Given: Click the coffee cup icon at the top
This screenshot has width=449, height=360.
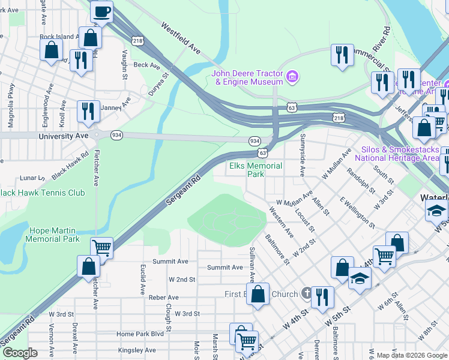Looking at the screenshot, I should [102, 11].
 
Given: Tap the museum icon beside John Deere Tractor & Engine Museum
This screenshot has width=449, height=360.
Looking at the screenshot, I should [292, 76].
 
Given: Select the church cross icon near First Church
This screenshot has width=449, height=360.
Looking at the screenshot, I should [306, 293].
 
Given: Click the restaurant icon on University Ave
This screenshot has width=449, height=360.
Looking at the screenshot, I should [88, 111].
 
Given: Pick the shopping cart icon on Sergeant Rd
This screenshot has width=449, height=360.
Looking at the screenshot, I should [101, 247].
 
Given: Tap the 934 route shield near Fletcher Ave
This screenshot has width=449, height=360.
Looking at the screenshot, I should [116, 136].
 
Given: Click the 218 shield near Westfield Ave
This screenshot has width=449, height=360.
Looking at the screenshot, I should [137, 40].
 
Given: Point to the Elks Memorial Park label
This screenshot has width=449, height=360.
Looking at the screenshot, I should [256, 170].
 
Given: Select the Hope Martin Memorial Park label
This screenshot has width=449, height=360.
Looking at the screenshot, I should [52, 235].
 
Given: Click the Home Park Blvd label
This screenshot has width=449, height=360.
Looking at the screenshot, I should [140, 334].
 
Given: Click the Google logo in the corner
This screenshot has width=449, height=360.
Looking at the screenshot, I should [19, 353].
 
